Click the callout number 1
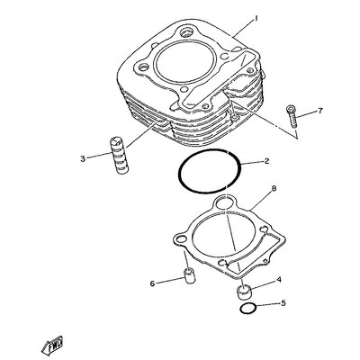(256, 19)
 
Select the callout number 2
(266, 161)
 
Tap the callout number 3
(83, 158)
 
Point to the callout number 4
(279, 280)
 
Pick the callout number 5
(283, 303)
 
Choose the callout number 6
(152, 283)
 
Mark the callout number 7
(320, 111)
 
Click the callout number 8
(274, 188)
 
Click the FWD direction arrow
(52, 345)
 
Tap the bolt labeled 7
(292, 117)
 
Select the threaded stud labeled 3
(120, 156)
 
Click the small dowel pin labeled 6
(189, 275)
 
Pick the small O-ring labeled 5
(247, 309)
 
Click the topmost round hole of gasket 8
(225, 203)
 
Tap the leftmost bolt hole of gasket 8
(181, 239)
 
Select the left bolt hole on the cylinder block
(143, 67)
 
